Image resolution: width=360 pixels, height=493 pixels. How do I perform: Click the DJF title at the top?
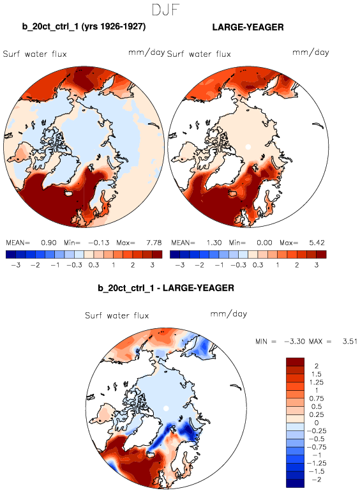165,10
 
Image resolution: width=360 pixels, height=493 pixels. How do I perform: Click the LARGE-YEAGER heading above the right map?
248,27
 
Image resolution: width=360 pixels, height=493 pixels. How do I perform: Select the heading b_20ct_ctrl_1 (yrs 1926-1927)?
84,26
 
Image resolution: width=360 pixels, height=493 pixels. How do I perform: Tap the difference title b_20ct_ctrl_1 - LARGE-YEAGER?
166,288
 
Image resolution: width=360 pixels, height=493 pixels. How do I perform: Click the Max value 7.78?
154,243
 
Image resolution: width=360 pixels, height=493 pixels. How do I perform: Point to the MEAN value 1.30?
214,243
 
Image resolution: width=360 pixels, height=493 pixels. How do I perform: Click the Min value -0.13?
99,243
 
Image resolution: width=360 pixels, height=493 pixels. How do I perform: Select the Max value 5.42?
317,243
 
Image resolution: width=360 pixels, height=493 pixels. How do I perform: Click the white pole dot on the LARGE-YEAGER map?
248,146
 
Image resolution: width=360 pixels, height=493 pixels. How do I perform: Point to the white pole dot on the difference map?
166,408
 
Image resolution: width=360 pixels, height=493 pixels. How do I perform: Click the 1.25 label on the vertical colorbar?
317,383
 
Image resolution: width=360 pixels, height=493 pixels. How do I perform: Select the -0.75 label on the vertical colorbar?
317,447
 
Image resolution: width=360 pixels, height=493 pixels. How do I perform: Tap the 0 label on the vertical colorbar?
317,423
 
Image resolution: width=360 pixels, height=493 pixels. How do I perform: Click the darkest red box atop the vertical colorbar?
295,362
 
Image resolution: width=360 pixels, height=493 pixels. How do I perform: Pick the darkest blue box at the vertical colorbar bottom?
295,483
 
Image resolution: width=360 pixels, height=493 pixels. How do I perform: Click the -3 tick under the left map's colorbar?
16,265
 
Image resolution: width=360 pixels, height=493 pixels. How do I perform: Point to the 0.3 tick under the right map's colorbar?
258,265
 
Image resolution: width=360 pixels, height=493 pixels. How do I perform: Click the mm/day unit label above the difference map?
229,314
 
